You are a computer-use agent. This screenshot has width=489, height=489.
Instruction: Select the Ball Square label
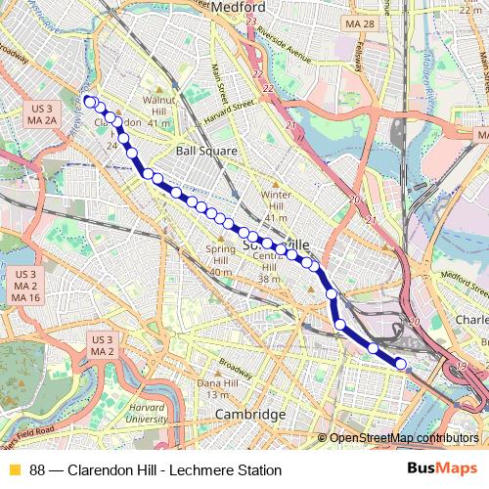(x=206, y=152)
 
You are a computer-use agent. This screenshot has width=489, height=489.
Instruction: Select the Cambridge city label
(x=250, y=415)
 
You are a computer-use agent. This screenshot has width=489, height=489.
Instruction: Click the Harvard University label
(x=147, y=413)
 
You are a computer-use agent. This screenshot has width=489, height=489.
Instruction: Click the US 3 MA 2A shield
(x=41, y=113)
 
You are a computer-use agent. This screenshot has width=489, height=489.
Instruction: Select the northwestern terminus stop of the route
(x=89, y=101)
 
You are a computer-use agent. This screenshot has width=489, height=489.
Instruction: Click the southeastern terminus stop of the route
(x=400, y=364)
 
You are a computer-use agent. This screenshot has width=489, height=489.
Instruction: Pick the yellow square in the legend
(x=14, y=470)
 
